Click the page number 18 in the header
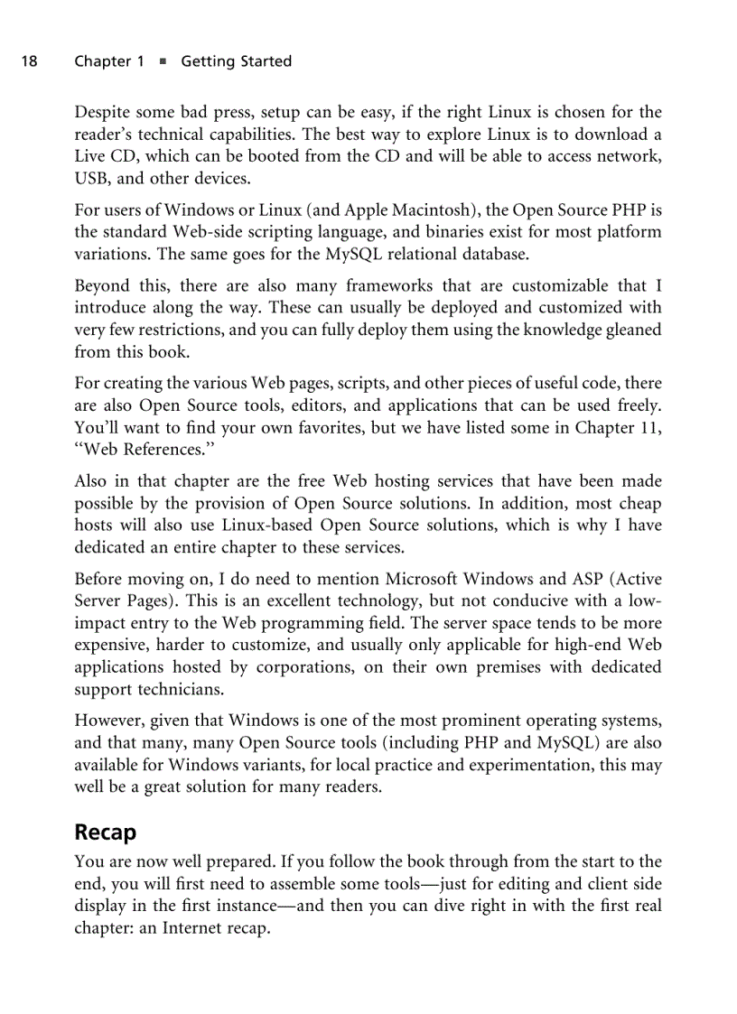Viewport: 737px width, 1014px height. (x=29, y=61)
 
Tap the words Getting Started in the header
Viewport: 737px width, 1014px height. (x=236, y=61)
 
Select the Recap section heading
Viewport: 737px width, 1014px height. (x=105, y=831)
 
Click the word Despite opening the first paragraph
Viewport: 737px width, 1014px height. (x=102, y=113)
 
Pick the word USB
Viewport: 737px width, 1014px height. (x=91, y=178)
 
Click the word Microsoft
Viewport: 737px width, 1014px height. (x=427, y=580)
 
